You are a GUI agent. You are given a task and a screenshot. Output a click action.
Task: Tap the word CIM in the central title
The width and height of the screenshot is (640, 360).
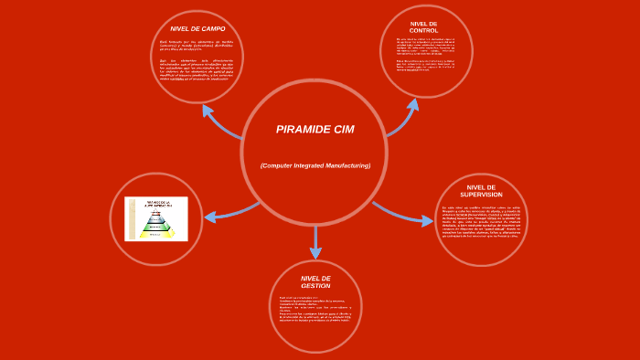click(x=344, y=130)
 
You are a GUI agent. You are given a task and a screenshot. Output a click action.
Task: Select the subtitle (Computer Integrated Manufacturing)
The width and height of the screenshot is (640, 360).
click(x=315, y=165)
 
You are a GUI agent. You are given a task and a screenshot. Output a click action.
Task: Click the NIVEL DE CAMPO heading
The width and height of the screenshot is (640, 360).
click(x=197, y=29)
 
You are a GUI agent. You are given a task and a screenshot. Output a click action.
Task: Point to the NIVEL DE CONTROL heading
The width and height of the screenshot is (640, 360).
click(x=423, y=26)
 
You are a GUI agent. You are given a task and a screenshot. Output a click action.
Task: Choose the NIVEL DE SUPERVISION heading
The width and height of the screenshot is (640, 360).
click(x=481, y=191)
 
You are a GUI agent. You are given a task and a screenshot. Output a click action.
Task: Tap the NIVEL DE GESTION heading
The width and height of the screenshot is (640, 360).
click(x=315, y=281)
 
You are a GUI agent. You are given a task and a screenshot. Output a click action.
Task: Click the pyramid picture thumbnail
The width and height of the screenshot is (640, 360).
click(x=155, y=218)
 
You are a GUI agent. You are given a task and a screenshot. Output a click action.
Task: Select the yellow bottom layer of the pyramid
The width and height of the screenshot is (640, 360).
click(x=155, y=234)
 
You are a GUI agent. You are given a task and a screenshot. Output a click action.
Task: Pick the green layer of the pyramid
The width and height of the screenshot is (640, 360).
click(x=155, y=227)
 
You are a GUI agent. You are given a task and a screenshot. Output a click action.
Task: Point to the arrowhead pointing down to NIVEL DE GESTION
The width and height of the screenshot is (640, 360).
click(x=315, y=252)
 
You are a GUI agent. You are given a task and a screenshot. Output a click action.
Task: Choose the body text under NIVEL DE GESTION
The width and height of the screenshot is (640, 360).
click(x=315, y=309)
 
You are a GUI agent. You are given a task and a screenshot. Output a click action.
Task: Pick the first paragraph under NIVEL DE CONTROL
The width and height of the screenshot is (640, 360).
click(x=425, y=47)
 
